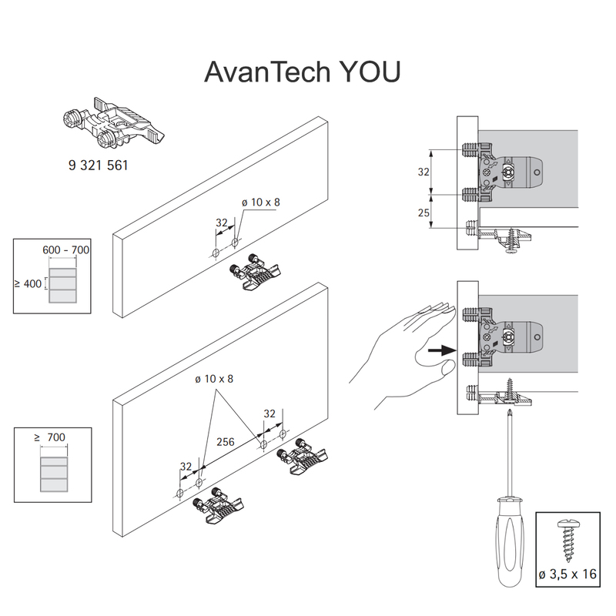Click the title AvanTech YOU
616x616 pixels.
tap(303, 71)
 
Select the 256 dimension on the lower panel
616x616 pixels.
tap(226, 442)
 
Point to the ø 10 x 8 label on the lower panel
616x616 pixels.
tap(215, 379)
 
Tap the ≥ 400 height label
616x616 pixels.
tap(27, 284)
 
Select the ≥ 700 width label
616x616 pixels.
tap(52, 437)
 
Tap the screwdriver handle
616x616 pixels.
tap(507, 539)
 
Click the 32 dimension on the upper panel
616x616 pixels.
tap(222, 223)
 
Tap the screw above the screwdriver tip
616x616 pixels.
tap(508, 390)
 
